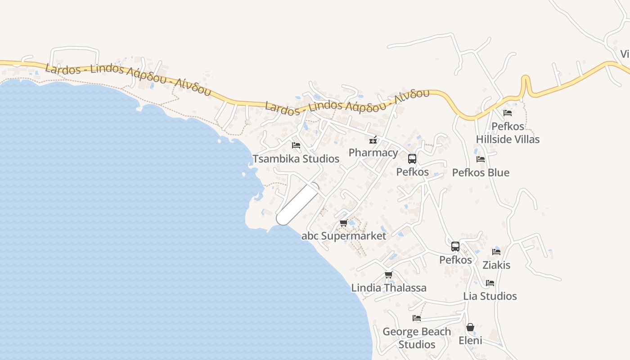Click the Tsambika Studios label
point(296,159)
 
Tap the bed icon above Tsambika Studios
point(296,145)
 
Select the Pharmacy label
point(373,153)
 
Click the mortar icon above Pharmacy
point(373,139)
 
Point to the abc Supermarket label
point(344,236)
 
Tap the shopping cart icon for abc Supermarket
point(344,223)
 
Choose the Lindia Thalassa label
point(389,288)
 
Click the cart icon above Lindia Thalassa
point(389,274)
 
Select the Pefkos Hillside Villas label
point(508,133)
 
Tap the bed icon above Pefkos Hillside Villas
point(508,112)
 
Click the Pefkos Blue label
point(481,172)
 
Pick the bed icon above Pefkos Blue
point(481,159)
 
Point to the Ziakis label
point(496,265)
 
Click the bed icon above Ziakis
point(496,252)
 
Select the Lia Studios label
point(490,296)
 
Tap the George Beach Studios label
point(417,338)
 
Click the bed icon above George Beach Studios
point(417,318)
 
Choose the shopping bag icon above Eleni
point(470,327)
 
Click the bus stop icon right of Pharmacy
point(412,158)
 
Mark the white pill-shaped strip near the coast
point(298,204)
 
